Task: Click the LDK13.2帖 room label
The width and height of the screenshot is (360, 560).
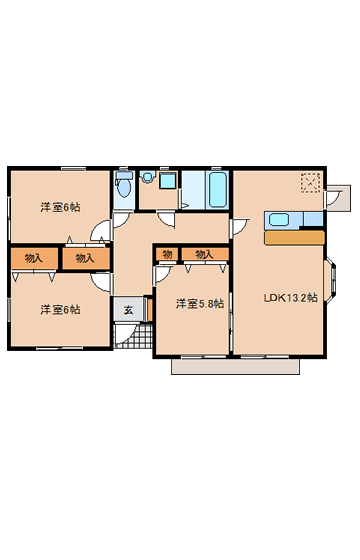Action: (x=290, y=298)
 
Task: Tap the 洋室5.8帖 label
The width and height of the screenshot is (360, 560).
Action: (x=200, y=304)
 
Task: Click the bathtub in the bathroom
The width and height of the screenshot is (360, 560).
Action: (x=219, y=190)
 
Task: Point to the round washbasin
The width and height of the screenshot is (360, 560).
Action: (x=147, y=178)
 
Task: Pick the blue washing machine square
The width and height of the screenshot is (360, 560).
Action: (x=168, y=181)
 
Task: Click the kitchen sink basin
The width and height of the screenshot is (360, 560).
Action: (x=279, y=219)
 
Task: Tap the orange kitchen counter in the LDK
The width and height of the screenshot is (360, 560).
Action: (x=294, y=238)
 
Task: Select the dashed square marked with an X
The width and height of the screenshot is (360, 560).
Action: (x=310, y=183)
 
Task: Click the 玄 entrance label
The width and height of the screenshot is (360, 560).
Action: (x=128, y=310)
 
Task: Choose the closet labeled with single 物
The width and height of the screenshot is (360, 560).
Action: (x=167, y=254)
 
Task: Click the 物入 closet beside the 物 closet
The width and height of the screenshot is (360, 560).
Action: (x=205, y=254)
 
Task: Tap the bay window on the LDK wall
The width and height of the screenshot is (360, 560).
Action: (x=331, y=280)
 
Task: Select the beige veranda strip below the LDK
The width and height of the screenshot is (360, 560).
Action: (x=235, y=366)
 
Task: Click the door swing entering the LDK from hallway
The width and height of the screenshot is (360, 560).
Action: (x=240, y=227)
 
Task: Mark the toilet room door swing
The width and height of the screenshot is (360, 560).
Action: (x=121, y=220)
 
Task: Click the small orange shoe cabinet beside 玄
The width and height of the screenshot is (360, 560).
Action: (x=150, y=310)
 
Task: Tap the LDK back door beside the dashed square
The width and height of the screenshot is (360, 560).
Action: (x=332, y=200)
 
